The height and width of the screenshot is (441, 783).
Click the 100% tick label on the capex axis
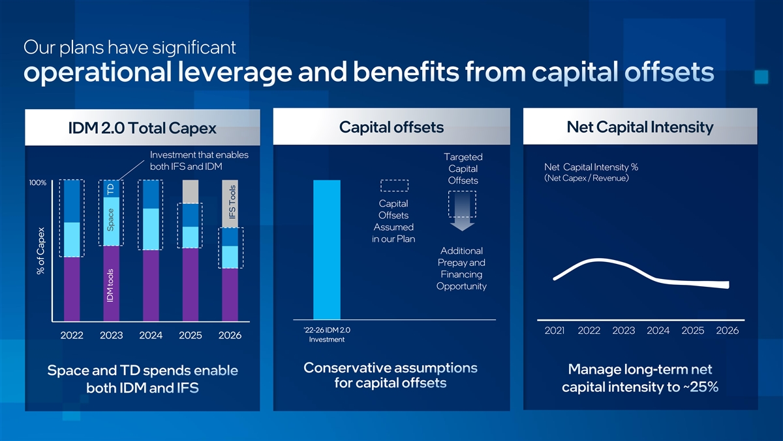pyautogui.click(x=37, y=183)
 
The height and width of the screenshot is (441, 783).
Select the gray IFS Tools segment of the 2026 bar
pyautogui.click(x=230, y=204)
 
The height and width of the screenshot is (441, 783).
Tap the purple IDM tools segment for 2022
pyautogui.click(x=72, y=289)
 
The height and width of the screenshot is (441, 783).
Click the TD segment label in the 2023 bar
pyautogui.click(x=111, y=189)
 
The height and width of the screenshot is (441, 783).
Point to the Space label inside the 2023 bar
pyautogui.click(x=110, y=220)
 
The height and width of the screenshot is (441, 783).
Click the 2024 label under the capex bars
pyautogui.click(x=151, y=335)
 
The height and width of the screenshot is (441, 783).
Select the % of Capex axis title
pyautogui.click(x=41, y=251)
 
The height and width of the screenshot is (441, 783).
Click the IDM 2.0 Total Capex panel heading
pyautogui.click(x=142, y=128)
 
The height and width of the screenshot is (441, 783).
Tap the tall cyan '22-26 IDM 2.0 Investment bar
pyautogui.click(x=327, y=250)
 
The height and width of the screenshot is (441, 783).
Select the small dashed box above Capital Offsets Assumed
pyautogui.click(x=394, y=186)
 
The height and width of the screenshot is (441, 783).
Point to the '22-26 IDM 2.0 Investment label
pyautogui.click(x=327, y=335)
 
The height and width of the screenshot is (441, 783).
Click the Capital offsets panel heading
pyautogui.click(x=391, y=127)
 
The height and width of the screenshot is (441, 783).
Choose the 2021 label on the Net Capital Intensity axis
pyautogui.click(x=555, y=331)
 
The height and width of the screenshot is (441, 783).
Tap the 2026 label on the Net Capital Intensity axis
pyautogui.click(x=728, y=331)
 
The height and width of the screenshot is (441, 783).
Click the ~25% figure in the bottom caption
pyautogui.click(x=703, y=387)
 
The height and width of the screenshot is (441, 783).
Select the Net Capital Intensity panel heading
pyautogui.click(x=640, y=127)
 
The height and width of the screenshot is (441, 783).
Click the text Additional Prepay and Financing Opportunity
pyautogui.click(x=461, y=269)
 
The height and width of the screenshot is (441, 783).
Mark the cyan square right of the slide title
pyautogui.click(x=761, y=77)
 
